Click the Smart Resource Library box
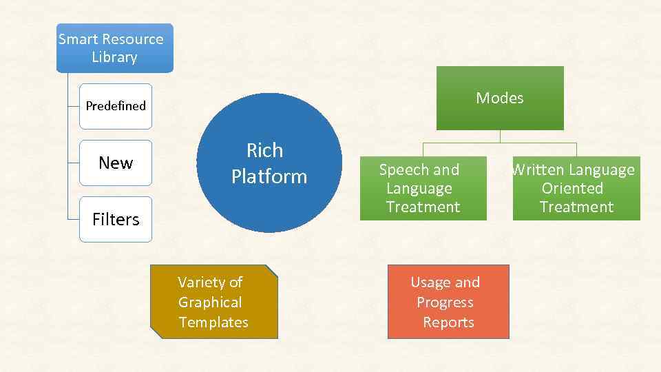coord(114,48)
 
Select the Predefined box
coord(115,106)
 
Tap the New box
coord(115,163)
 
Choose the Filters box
coord(115,219)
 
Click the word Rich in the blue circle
coord(264,150)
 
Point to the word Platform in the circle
coord(269,176)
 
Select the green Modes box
coord(500,98)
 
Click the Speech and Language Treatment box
coord(423,188)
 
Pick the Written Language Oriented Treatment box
coord(576,188)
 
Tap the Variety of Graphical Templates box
coord(213,302)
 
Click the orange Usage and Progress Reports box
coord(448,302)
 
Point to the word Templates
coord(213,322)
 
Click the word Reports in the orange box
coord(448,322)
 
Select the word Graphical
coord(210,302)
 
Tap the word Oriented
coord(572,188)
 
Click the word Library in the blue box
coord(114,57)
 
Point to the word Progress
coord(445,302)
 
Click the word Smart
coord(76,39)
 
